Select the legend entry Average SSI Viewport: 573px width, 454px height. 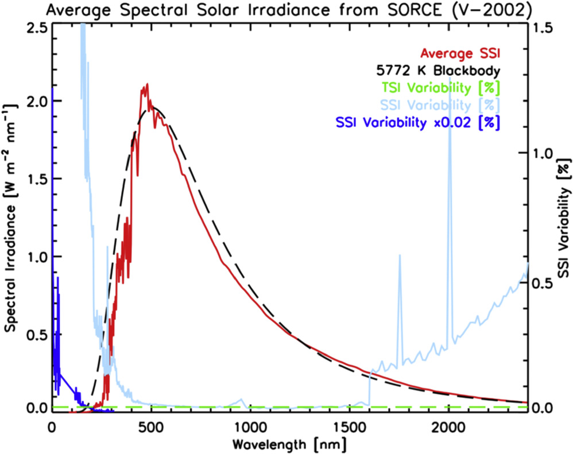(x=460, y=55)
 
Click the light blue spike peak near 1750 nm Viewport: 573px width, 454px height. (x=400, y=256)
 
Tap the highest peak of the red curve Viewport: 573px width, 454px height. (x=147, y=85)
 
